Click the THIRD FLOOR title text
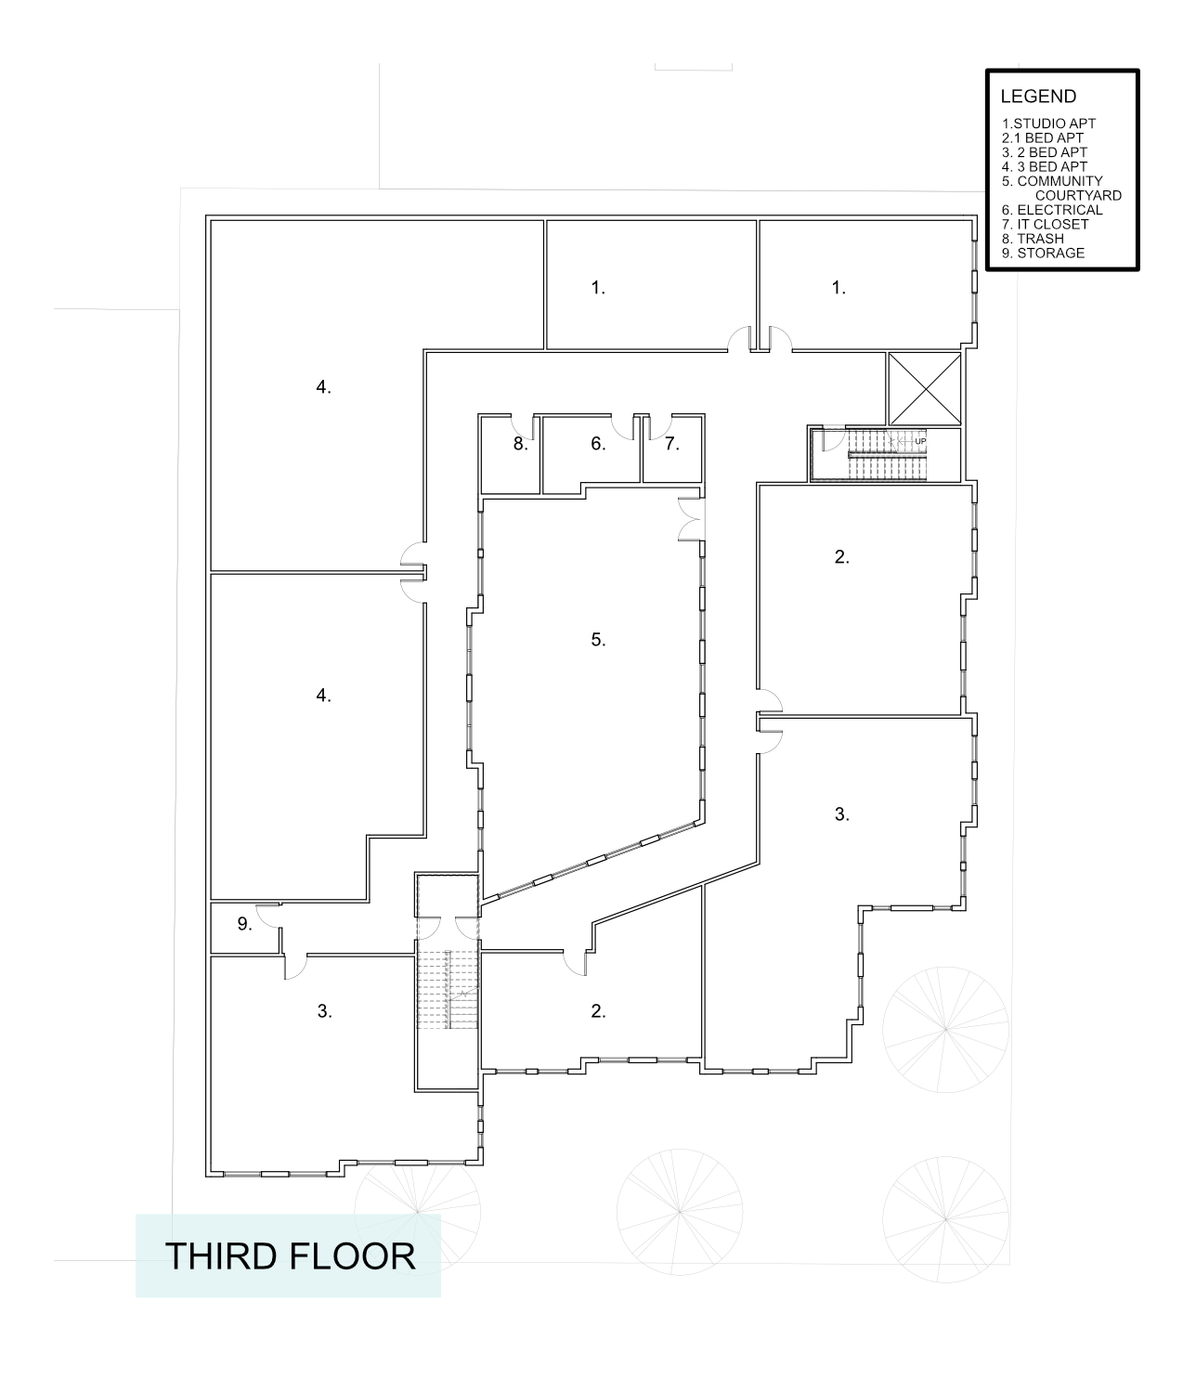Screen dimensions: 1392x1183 pyautogui.click(x=290, y=1255)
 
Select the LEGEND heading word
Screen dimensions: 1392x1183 pyautogui.click(x=1038, y=97)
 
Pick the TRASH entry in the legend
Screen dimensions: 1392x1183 pyautogui.click(x=1033, y=239)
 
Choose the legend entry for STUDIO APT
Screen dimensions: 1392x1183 pyautogui.click(x=1048, y=124)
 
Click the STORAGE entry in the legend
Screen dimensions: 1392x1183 pyautogui.click(x=1043, y=253)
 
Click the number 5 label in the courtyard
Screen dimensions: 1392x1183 pyautogui.click(x=598, y=639)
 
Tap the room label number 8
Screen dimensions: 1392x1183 pyautogui.click(x=520, y=444)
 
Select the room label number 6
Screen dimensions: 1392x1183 pyautogui.click(x=598, y=444)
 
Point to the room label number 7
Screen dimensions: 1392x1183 pyautogui.click(x=671, y=444)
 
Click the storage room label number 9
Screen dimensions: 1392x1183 pyautogui.click(x=244, y=924)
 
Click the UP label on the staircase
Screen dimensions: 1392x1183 pyautogui.click(x=920, y=441)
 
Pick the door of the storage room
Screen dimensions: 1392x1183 pyautogui.click(x=268, y=914)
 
